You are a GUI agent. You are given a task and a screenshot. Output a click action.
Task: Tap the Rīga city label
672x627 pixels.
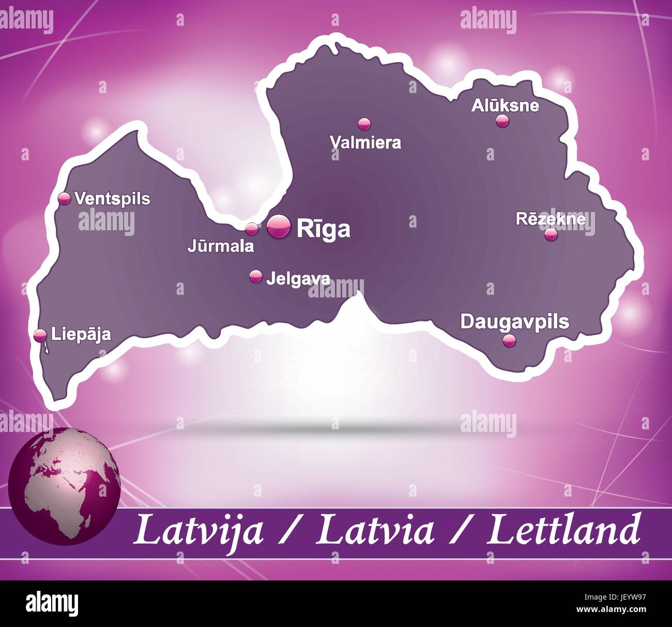324,228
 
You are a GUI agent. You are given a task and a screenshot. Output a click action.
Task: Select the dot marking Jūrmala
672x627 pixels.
252,228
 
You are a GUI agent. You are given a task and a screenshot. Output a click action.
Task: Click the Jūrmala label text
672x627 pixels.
221,246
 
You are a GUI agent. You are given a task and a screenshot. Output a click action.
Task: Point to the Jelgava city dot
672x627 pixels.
256,276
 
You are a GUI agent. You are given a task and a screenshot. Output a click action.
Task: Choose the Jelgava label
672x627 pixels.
298,279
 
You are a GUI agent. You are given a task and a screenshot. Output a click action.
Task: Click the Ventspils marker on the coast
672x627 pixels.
65,198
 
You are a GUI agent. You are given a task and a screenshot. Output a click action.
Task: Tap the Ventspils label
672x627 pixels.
113,198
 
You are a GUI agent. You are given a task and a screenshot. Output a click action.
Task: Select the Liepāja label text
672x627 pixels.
81,334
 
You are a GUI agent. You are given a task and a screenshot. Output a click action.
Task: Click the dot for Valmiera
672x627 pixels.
364,124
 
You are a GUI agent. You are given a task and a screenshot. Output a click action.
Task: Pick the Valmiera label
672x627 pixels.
366,142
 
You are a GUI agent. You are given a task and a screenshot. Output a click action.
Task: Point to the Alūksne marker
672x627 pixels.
502,121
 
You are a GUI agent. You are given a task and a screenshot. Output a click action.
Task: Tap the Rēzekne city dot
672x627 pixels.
551,234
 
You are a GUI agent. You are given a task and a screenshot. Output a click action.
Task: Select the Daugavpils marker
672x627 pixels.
510,340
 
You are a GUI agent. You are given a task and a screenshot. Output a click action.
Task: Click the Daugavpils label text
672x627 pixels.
514,321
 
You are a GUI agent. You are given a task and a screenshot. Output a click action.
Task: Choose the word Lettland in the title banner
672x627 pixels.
563,530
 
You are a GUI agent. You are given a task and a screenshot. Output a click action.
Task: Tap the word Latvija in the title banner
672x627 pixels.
198,530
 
